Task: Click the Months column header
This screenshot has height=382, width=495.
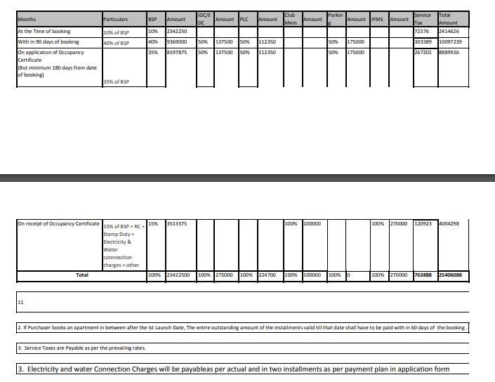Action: [27, 19]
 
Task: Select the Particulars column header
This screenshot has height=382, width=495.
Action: [115, 19]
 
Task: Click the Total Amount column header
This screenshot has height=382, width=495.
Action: [447, 18]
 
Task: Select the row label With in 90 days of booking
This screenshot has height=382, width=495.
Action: [48, 42]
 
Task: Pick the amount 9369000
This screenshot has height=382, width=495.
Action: [176, 42]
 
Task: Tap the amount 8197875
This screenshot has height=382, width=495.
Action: [176, 52]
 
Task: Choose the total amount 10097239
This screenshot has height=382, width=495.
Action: [449, 42]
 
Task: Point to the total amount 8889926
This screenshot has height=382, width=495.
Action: [448, 52]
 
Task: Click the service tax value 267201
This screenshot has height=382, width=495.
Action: [423, 52]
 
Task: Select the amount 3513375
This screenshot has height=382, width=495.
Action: [176, 224]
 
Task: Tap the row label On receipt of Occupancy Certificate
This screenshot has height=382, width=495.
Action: [59, 224]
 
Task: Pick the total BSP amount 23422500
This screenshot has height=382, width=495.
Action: [178, 275]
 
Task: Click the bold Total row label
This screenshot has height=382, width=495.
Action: [82, 275]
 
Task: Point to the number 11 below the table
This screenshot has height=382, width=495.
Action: [21, 302]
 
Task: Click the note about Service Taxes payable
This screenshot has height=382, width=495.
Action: [81, 348]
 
